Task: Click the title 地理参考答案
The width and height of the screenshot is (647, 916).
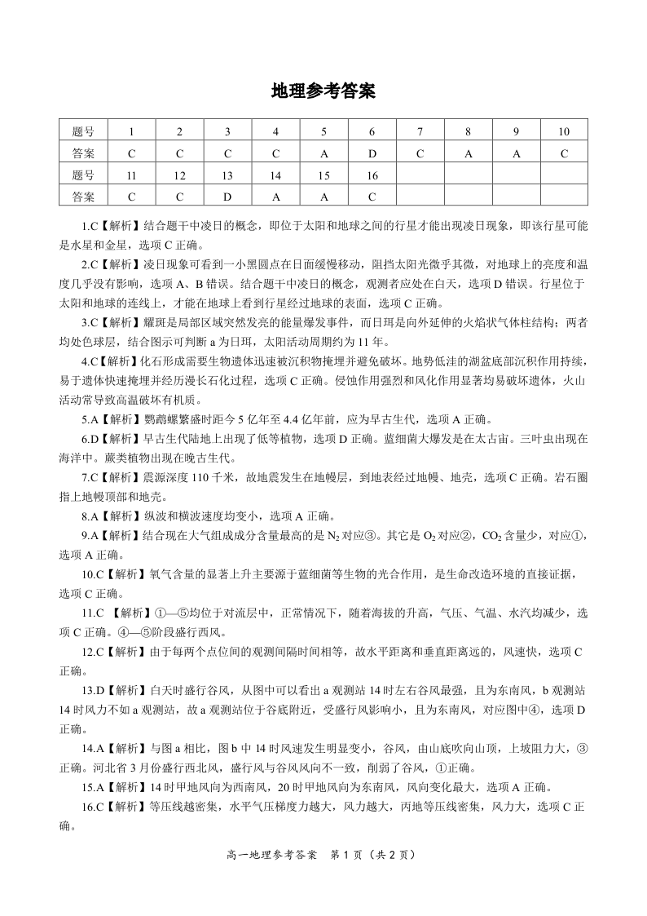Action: [323, 91]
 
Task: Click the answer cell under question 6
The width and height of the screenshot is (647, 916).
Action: [372, 153]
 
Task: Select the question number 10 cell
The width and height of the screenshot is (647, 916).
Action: [564, 131]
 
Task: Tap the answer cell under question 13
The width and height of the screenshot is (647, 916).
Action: [227, 197]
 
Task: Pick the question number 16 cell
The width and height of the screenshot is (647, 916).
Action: [372, 175]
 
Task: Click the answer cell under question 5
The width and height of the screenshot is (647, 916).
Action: [323, 153]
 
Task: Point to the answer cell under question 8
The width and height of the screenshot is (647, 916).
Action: [469, 153]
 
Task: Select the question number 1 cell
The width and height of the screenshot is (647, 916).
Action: [131, 131]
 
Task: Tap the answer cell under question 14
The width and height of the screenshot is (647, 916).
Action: [275, 197]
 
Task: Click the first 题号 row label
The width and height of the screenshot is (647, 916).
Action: [83, 131]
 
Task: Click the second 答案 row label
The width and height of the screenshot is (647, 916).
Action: [83, 197]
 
